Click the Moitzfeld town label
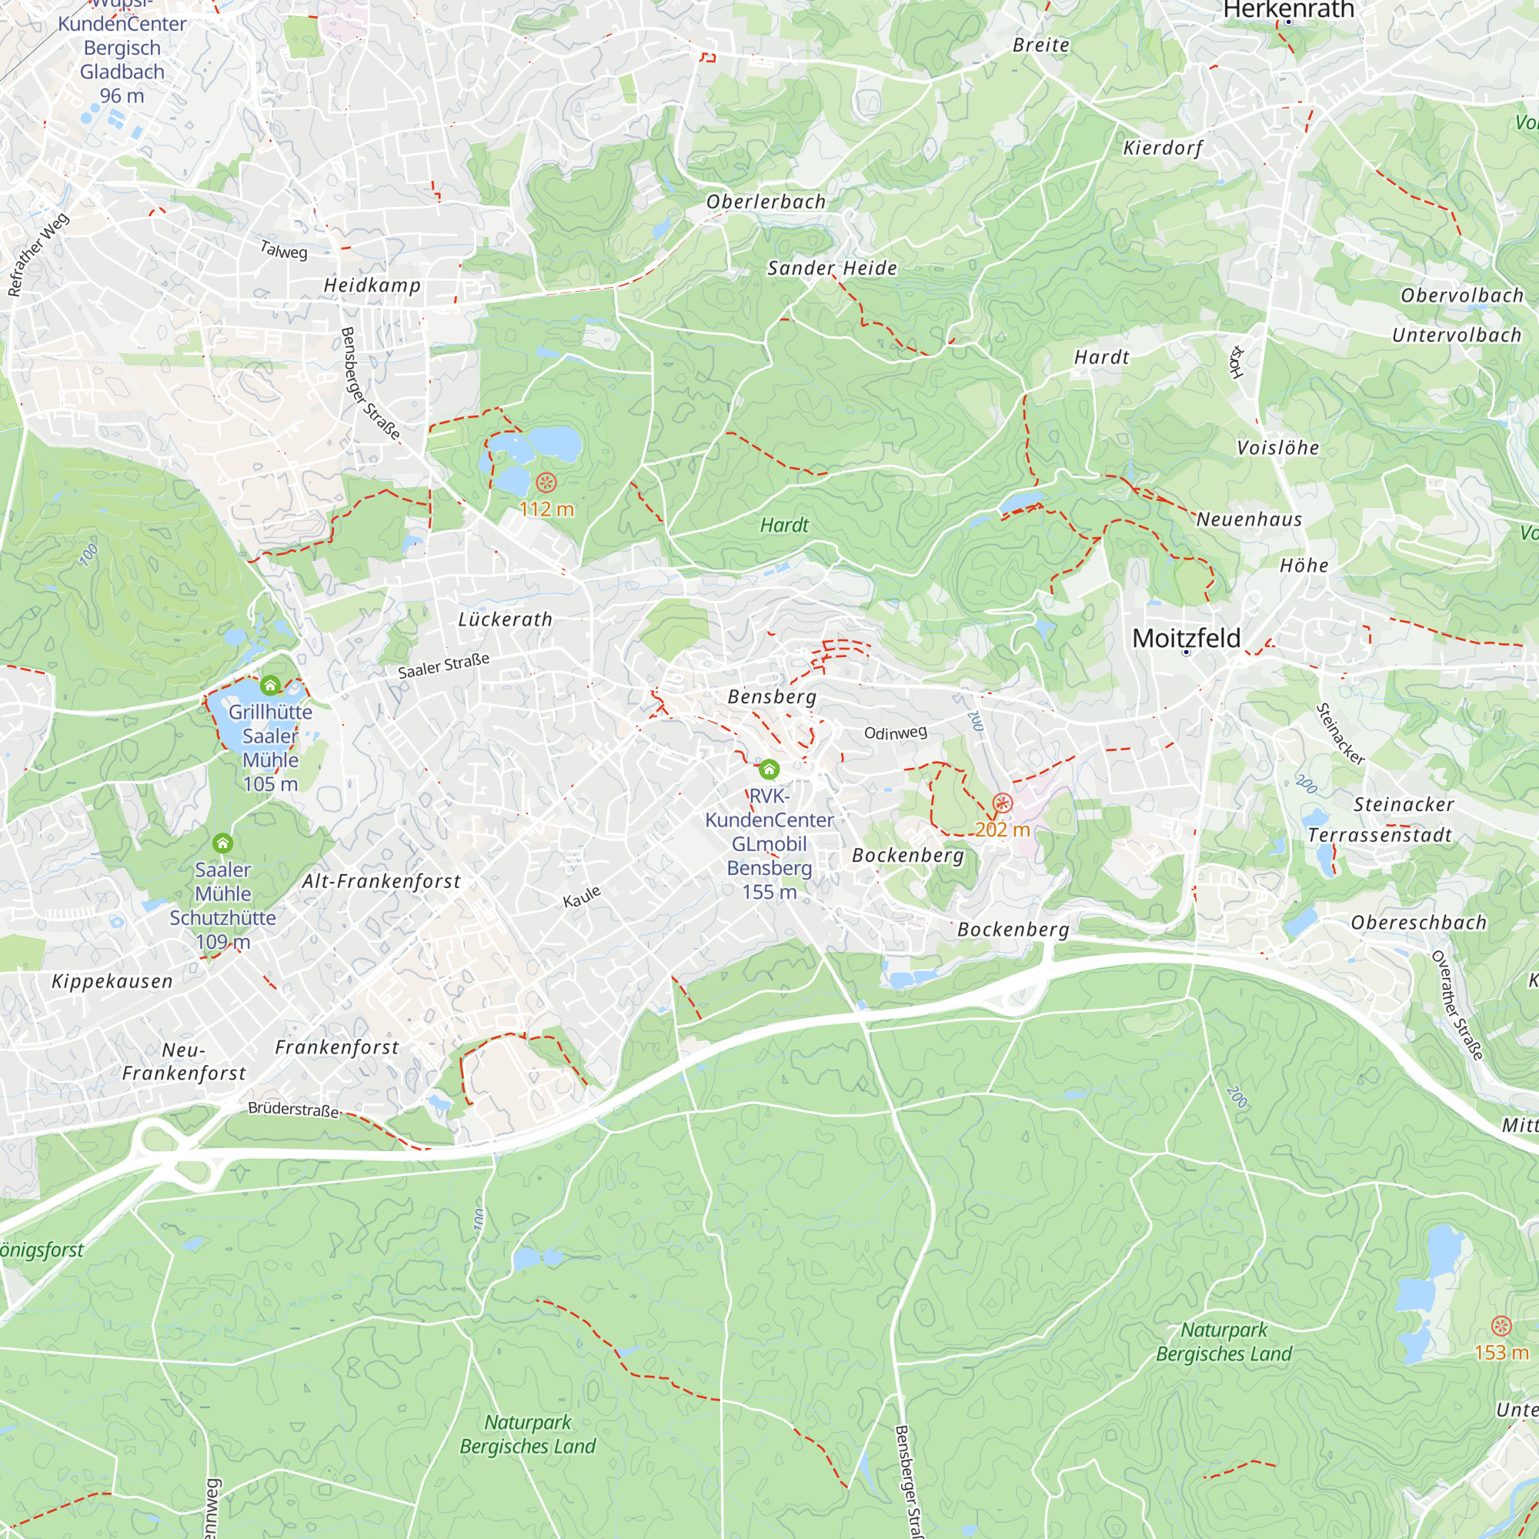click(x=1186, y=638)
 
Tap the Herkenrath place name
click(x=1288, y=9)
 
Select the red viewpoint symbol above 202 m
click(x=1002, y=803)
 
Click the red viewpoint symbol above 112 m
click(x=546, y=482)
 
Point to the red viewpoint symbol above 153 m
click(x=1501, y=1326)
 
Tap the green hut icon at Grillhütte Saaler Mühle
click(x=270, y=685)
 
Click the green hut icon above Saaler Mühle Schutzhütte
click(x=222, y=843)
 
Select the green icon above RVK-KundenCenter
click(x=769, y=769)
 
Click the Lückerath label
click(x=505, y=619)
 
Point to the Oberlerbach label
click(x=766, y=202)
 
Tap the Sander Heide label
click(x=832, y=268)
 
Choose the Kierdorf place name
click(x=1162, y=148)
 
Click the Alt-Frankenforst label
click(x=381, y=881)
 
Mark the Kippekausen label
click(x=112, y=980)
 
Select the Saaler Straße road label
click(x=444, y=665)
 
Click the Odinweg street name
click(x=896, y=732)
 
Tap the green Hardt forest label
click(x=784, y=525)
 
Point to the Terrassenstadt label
click(x=1380, y=835)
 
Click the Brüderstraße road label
click(x=293, y=1109)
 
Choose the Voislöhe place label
click(x=1277, y=448)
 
